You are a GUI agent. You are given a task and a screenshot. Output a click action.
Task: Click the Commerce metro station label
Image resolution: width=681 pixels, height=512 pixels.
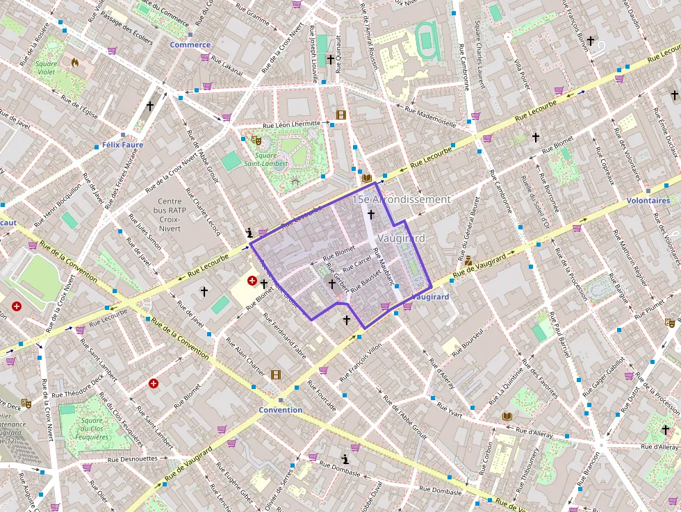(x=190, y=44)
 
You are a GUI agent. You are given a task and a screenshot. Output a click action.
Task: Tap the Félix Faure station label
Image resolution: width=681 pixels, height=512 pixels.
(x=122, y=145)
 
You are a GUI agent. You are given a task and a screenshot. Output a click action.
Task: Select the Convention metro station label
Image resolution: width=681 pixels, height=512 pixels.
(x=281, y=410)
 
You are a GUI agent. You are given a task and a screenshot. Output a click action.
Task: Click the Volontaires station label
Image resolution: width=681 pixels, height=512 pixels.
(x=648, y=200)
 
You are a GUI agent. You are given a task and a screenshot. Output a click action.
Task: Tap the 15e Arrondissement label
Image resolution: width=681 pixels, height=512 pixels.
(x=401, y=199)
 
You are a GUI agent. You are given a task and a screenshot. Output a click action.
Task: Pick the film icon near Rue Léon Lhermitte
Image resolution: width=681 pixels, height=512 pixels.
(x=340, y=115)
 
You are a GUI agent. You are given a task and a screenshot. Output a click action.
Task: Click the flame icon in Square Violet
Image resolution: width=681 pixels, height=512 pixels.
(x=74, y=63)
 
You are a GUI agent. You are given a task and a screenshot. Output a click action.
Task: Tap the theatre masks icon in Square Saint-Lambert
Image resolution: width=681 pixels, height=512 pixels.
(x=256, y=140)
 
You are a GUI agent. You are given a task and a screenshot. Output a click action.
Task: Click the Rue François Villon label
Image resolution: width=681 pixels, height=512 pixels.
(x=361, y=363)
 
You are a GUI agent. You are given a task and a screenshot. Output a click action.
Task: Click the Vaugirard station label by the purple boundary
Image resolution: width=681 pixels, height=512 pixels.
(x=430, y=297)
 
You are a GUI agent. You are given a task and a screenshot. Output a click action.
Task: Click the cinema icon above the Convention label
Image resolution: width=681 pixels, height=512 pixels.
(x=276, y=375)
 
